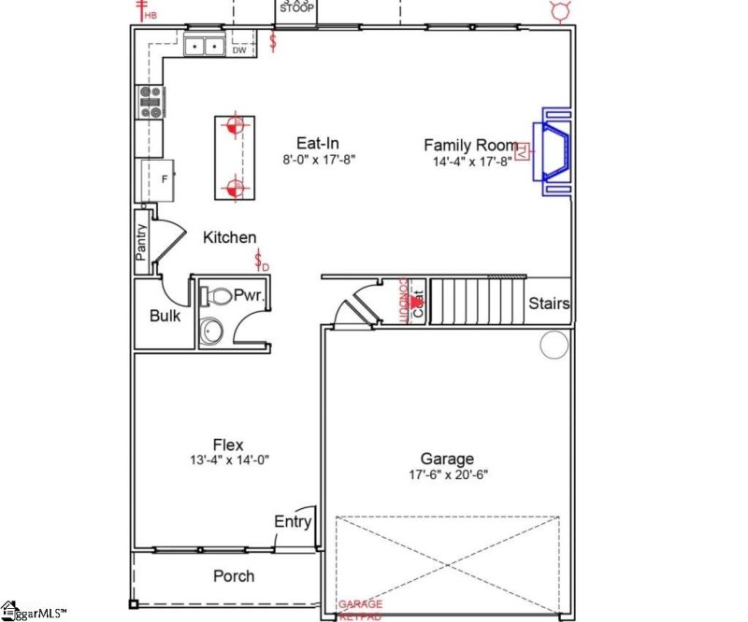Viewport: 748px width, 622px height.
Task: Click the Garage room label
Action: pos(446,459)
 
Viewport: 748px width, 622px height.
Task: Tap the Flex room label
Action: pos(229,444)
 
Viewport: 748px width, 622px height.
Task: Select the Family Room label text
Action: pos(470,145)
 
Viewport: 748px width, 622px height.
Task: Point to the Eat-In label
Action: pos(318,143)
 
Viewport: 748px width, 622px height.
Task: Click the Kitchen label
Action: pos(229,238)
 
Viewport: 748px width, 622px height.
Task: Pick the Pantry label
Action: pos(142,243)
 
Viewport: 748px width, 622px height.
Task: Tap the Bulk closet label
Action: pos(165,316)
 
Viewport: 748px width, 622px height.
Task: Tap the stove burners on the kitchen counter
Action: pos(151,101)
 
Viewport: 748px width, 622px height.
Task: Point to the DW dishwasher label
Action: pos(239,50)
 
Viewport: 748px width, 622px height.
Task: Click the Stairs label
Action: pos(549,304)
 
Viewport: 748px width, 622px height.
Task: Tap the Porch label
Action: pos(233,575)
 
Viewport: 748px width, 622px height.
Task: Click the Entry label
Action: pos(292,522)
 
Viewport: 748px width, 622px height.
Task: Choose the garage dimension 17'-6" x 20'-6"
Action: pos(446,474)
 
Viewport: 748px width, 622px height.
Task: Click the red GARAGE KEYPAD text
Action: pos(361,610)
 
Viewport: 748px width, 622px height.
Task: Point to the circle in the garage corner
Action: pos(552,346)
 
